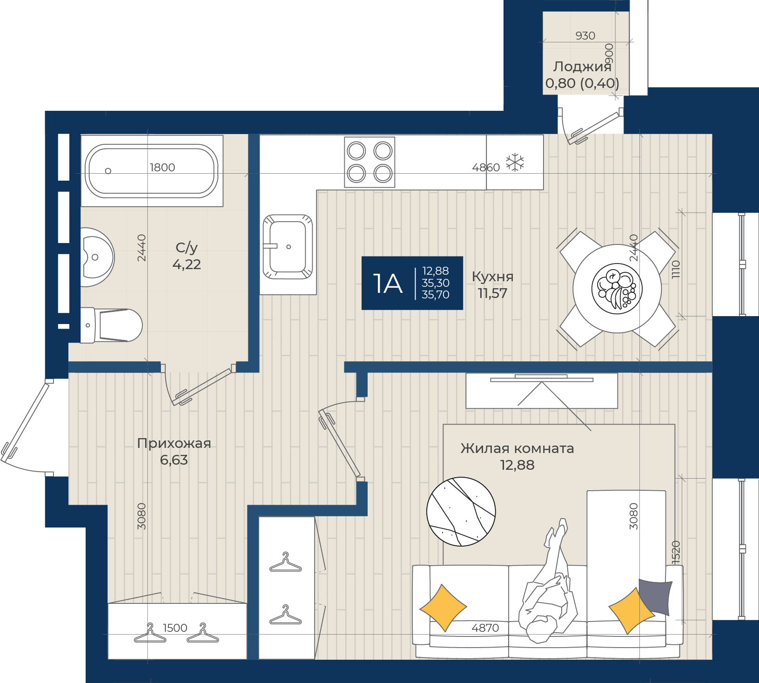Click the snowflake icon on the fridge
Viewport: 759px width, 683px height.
515,162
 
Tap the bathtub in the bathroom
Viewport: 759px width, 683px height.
152,171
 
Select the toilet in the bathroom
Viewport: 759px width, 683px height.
111,325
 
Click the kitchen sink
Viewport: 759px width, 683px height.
288,247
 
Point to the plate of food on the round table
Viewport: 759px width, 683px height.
617,289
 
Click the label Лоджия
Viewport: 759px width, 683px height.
582,67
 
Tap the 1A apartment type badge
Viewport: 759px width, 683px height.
412,283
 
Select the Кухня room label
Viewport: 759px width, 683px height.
492,277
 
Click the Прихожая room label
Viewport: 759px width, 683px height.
174,443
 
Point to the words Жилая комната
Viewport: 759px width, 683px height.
517,448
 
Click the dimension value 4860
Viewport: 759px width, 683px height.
486,168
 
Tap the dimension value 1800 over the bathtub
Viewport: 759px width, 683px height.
162,168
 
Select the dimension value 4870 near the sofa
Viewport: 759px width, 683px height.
485,628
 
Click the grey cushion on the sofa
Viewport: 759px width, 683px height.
655,596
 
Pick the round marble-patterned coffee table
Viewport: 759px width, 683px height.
461,512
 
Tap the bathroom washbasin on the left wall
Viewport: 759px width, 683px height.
97,257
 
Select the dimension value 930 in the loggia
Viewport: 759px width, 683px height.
585,36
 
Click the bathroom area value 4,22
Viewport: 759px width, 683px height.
187,264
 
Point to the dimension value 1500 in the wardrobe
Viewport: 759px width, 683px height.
175,628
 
